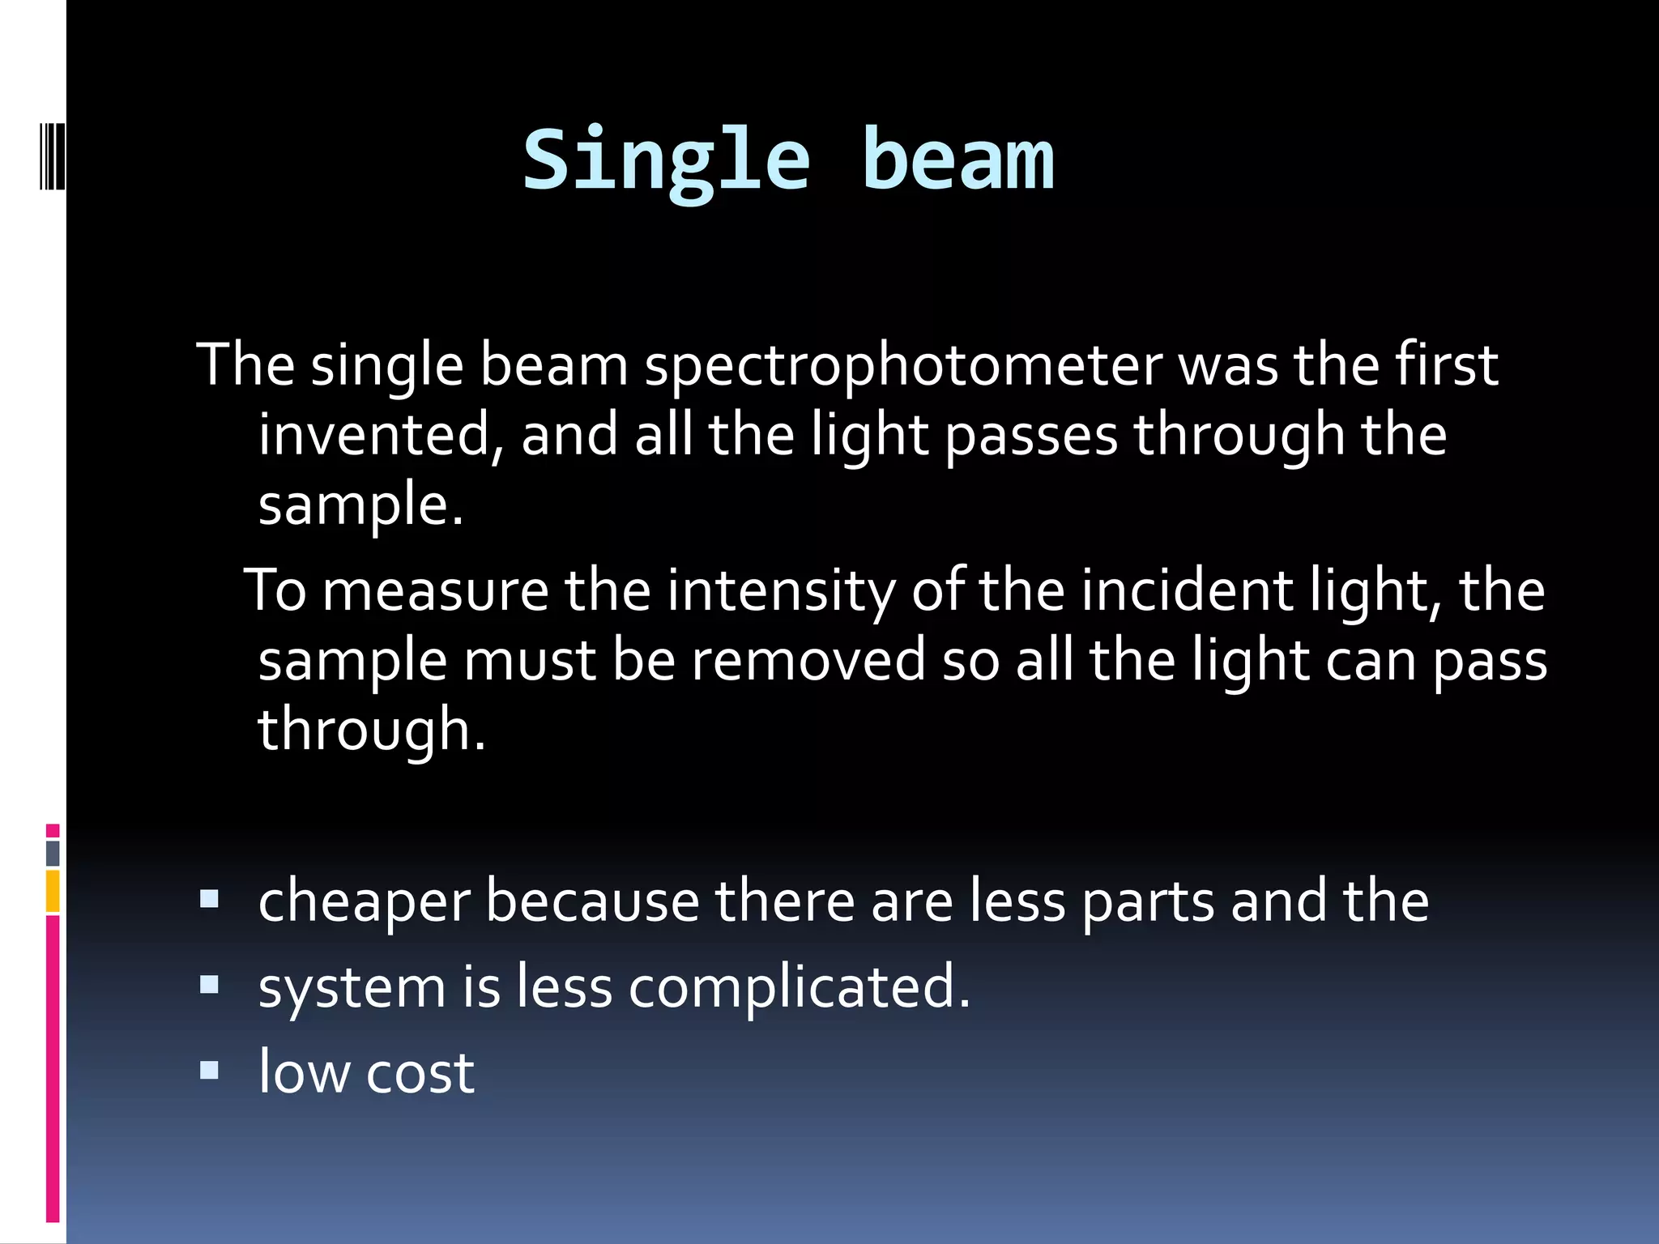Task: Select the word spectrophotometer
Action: pyautogui.click(x=902, y=366)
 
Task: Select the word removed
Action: pyautogui.click(x=808, y=660)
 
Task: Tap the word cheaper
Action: pyautogui.click(x=364, y=902)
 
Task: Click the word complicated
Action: pyautogui.click(x=798, y=988)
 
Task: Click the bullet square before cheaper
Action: pyautogui.click(x=209, y=898)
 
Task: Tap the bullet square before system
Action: pyautogui.click(x=209, y=984)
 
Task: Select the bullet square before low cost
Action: pyautogui.click(x=209, y=1070)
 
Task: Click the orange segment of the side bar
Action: pyautogui.click(x=53, y=891)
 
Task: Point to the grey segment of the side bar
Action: pyautogui.click(x=53, y=853)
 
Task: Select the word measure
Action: pyautogui.click(x=435, y=591)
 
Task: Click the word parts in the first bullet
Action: pyautogui.click(x=1148, y=902)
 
